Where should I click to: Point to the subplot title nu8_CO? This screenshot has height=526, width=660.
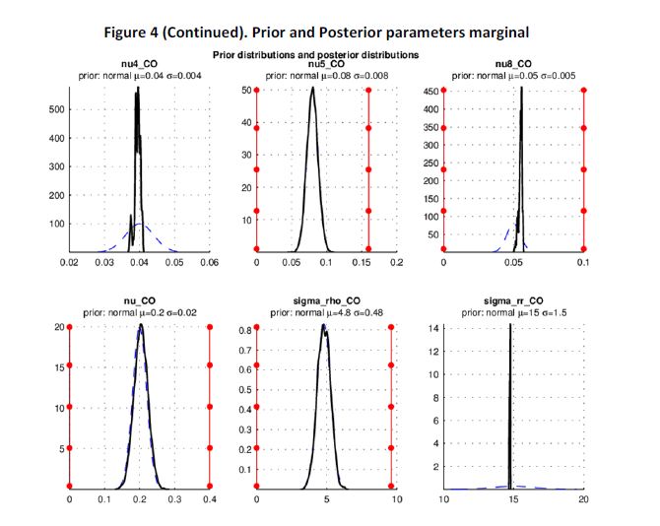(x=513, y=65)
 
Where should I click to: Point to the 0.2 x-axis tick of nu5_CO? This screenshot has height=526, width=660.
(x=396, y=264)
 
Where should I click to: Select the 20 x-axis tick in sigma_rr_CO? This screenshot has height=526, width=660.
(x=583, y=500)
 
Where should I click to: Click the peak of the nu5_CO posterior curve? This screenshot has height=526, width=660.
(x=312, y=89)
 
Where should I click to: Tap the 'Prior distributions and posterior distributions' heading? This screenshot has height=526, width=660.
(x=324, y=54)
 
